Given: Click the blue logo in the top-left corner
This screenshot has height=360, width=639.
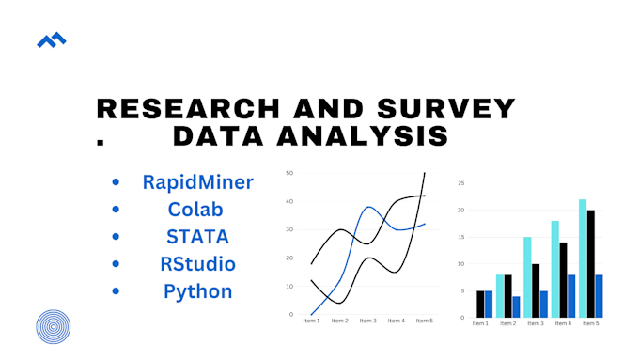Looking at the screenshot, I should tap(51, 40).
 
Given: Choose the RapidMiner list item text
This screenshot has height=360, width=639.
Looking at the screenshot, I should tap(198, 182).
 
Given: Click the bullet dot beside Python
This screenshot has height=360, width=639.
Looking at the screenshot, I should tap(116, 291).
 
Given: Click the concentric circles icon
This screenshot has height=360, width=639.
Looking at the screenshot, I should tap(55, 326).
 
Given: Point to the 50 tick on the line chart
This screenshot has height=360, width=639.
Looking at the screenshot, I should tap(290, 173).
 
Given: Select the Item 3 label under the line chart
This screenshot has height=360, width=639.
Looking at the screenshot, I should tap(368, 321).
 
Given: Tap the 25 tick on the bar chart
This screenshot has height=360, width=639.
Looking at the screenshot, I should tap(461, 183).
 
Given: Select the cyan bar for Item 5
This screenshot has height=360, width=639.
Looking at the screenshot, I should tap(583, 258).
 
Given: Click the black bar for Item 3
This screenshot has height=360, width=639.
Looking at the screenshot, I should tap(537, 290).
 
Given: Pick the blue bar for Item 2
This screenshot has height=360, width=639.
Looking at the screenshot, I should tap(517, 306).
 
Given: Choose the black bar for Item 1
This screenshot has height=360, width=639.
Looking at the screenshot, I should tap(480, 304).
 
